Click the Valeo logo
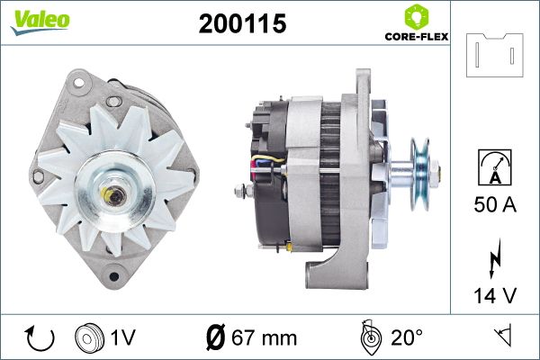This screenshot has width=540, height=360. pos(40,22)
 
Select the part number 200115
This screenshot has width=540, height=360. pos(242,23)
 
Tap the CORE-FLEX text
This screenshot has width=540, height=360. pos(417,37)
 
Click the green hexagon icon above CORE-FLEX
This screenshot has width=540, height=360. pos(417,16)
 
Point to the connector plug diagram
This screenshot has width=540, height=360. pos(494,55)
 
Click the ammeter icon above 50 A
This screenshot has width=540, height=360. pos(495,167)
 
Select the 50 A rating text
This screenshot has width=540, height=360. pos(495,204)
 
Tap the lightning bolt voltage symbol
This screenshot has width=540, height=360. pos(495,258)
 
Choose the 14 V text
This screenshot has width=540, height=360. pos(495,295)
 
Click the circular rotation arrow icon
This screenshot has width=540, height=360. pos(40,338)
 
